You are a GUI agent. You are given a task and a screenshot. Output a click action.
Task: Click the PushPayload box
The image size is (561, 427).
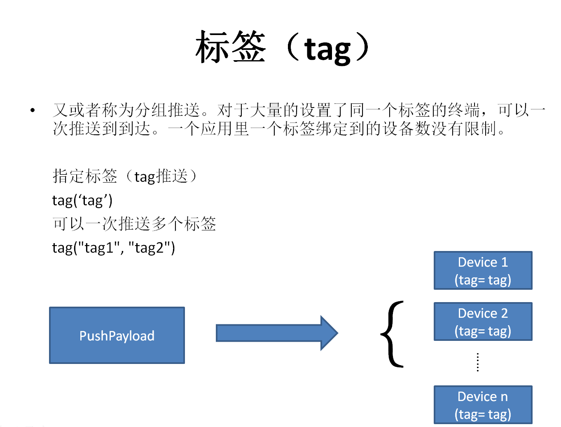click(x=117, y=335)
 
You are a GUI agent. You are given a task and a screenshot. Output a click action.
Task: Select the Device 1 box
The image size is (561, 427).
click(x=483, y=270)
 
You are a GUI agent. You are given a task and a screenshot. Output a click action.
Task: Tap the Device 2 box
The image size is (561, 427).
click(x=483, y=321)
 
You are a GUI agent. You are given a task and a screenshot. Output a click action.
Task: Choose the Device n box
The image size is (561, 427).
click(x=483, y=405)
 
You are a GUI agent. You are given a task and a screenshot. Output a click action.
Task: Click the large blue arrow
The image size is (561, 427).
click(x=277, y=333)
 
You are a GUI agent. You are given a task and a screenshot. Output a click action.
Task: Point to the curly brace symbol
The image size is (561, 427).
click(x=392, y=334)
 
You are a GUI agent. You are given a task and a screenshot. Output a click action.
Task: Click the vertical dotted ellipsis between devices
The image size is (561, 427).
click(x=478, y=362)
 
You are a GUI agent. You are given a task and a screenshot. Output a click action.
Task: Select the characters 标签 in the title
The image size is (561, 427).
click(x=231, y=47)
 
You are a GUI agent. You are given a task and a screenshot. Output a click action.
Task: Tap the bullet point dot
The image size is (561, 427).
click(x=33, y=110)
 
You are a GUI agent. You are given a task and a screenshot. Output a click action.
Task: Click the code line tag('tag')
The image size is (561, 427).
click(x=82, y=200)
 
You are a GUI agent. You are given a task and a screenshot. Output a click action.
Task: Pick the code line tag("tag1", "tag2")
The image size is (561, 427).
click(x=114, y=248)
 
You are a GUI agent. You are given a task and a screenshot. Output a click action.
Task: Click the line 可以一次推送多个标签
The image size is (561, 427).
click(x=134, y=224)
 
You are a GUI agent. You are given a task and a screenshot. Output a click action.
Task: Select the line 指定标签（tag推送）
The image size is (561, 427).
click(x=126, y=176)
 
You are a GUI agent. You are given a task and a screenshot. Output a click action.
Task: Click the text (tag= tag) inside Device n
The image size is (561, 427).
click(x=483, y=414)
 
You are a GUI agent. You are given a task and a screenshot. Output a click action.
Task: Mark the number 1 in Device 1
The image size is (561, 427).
click(x=504, y=262)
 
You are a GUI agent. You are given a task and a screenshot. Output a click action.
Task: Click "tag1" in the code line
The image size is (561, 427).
click(x=99, y=248)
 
